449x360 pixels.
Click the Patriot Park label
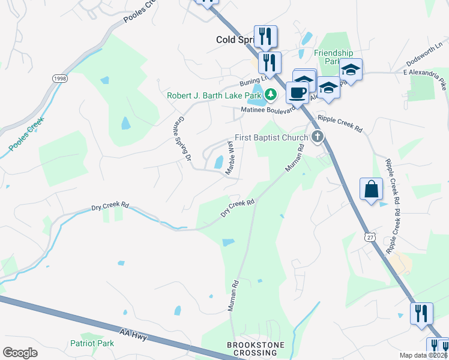pyautogui.click(x=92, y=344)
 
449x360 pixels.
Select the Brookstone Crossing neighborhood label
pyautogui.click(x=252, y=349)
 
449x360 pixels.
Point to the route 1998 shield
pyautogui.click(x=59, y=79)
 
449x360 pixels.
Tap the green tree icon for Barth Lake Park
pyautogui.click(x=271, y=94)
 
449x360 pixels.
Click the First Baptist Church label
pyautogui.click(x=271, y=137)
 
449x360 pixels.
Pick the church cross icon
pyautogui.click(x=318, y=137)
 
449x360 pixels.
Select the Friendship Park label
pyautogui.click(x=334, y=57)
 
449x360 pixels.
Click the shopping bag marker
pyautogui.click(x=371, y=188)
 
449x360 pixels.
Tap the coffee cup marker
pyautogui.click(x=297, y=92)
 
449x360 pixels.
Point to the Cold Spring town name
pyautogui.click(x=235, y=40)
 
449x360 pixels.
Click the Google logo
pyautogui.click(x=20, y=353)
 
